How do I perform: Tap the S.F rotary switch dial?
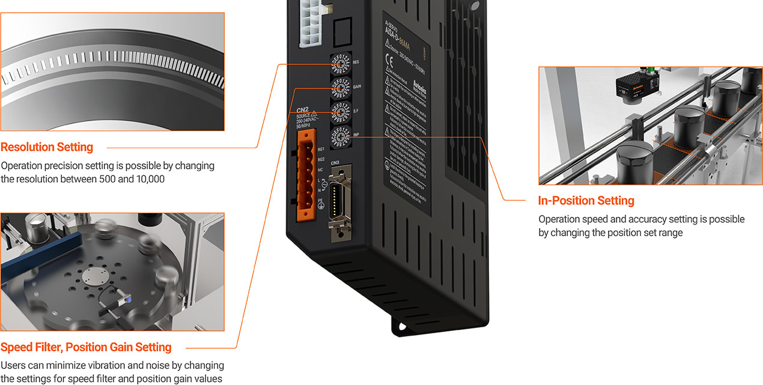339,112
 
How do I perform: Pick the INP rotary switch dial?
339,137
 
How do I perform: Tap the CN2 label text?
303,110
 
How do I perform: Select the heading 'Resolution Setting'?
47,147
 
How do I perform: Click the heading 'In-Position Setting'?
586,201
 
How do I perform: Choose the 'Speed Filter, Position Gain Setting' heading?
86,347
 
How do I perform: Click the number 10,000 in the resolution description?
149,179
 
